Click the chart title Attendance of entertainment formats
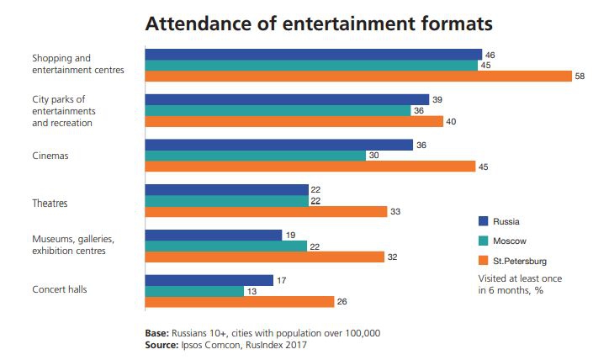(319, 23)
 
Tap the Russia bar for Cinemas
(278, 145)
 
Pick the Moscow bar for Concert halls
(205, 291)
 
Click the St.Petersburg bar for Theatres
(266, 211)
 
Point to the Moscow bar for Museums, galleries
(226, 246)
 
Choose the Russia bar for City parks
(287, 99)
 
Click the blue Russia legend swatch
(483, 221)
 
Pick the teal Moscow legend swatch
(483, 241)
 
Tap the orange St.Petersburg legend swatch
(483, 259)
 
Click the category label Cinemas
(50, 156)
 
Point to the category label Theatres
(50, 203)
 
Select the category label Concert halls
(60, 289)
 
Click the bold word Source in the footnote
(164, 344)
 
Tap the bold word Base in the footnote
(157, 332)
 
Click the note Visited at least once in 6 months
(518, 283)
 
